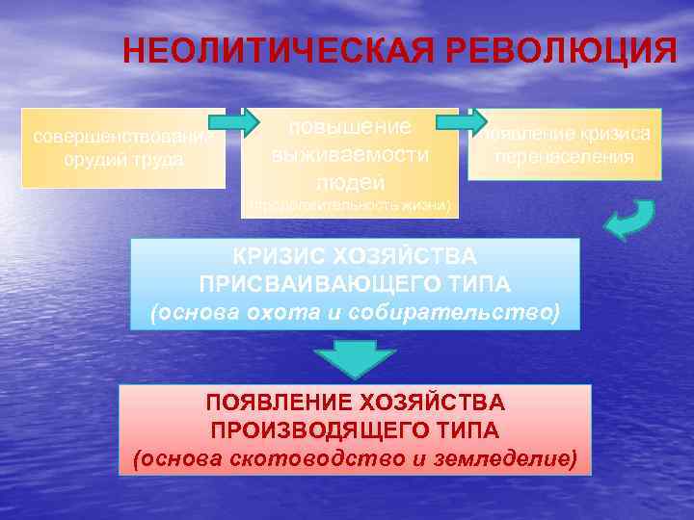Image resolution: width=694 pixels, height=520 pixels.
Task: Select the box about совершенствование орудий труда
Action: coord(123,147)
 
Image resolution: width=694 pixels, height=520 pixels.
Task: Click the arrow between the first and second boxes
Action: coord(233,122)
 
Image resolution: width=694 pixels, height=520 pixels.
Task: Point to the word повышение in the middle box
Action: coord(350,127)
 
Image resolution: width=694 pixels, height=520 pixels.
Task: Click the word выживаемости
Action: coord(350,154)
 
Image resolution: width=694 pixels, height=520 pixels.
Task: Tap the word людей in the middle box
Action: coord(350,181)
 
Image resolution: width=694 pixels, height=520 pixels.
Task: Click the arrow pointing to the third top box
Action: coord(461,122)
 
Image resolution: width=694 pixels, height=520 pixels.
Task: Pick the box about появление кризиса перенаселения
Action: coord(565,144)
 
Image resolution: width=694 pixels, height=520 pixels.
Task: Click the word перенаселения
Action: coord(565,157)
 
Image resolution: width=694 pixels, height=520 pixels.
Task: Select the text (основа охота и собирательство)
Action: coord(355,313)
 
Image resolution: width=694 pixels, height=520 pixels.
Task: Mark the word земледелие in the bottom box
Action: coord(500,457)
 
